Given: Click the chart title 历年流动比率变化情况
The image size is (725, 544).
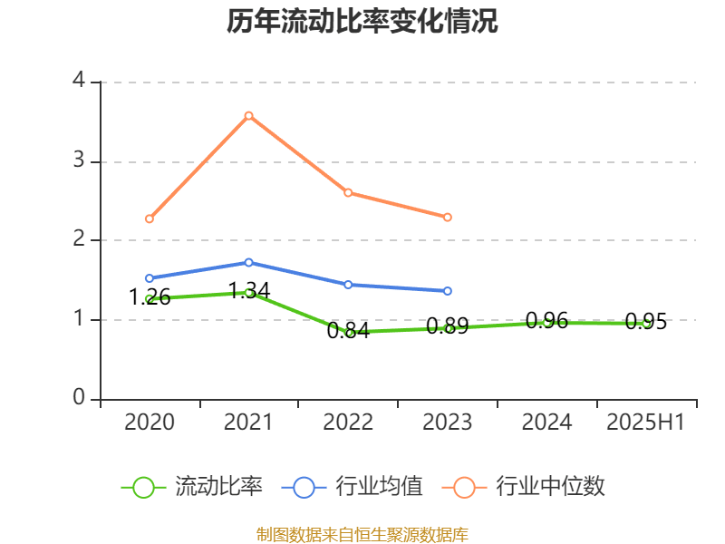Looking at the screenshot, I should [362, 23].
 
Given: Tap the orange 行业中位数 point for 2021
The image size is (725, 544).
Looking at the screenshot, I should [248, 115].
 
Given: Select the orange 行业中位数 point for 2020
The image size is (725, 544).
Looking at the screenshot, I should [149, 219].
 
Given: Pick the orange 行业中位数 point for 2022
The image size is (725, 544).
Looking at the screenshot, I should [348, 192].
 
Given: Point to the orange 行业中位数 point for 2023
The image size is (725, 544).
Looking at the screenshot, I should [448, 217].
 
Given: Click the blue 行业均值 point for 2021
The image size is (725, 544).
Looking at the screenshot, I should [248, 262].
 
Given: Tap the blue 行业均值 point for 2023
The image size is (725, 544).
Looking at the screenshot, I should [448, 291].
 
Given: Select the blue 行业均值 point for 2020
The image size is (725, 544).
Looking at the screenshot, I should [149, 278].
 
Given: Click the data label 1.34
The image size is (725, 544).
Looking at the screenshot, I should [248, 291].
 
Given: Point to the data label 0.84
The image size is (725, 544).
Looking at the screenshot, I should [348, 331].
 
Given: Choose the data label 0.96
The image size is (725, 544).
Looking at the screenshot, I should [546, 320].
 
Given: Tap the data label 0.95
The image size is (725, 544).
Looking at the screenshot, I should [646, 322].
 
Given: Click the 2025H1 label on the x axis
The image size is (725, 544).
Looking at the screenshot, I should [646, 423].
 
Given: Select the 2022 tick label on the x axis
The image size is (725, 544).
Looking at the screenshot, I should [348, 423].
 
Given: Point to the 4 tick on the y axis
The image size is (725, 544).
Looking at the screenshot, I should [79, 81].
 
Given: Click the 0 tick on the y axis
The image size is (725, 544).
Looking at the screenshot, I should [79, 398].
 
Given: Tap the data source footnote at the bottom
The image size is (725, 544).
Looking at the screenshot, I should [362, 534].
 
